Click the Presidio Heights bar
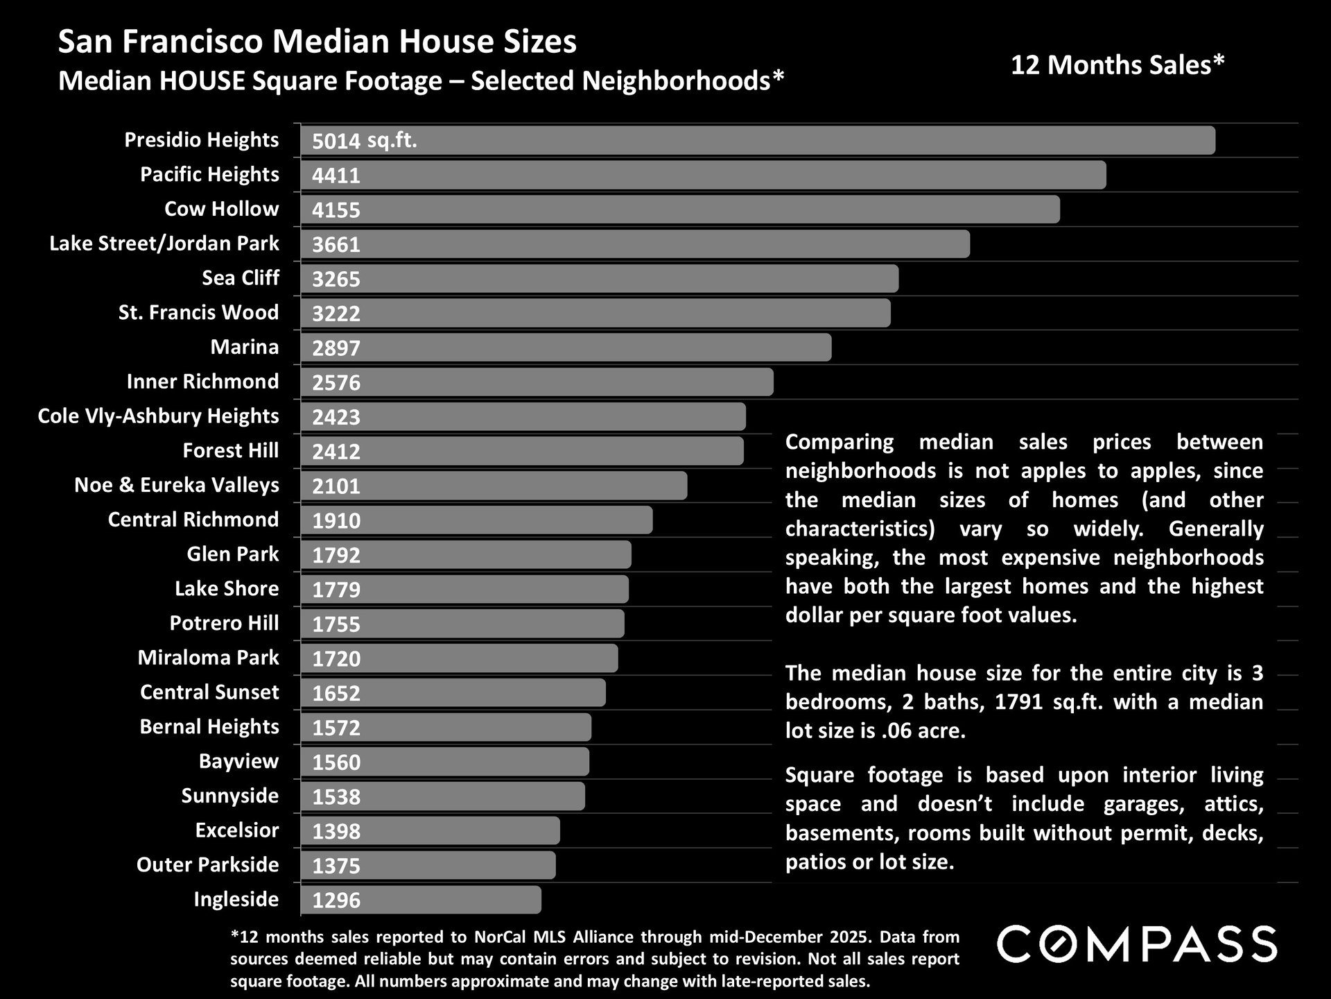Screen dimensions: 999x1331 (x=757, y=140)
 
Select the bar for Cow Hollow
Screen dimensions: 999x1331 (x=679, y=210)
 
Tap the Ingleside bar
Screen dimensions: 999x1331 (x=420, y=900)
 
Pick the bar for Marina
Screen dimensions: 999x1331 (x=565, y=348)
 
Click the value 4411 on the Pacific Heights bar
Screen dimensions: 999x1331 (x=336, y=176)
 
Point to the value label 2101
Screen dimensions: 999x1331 (x=336, y=486)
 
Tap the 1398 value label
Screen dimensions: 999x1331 (x=336, y=831)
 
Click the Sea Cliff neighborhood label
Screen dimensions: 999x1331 (x=240, y=278)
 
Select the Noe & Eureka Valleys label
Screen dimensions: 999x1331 (x=176, y=485)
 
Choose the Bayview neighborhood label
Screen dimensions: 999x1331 (x=238, y=761)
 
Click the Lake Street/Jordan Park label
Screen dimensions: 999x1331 (x=164, y=244)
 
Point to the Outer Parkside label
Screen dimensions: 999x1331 (x=207, y=865)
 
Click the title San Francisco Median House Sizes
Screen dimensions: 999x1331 (x=317, y=42)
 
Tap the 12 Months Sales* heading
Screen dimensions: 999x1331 (x=1117, y=65)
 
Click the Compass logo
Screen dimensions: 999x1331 (x=1136, y=944)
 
